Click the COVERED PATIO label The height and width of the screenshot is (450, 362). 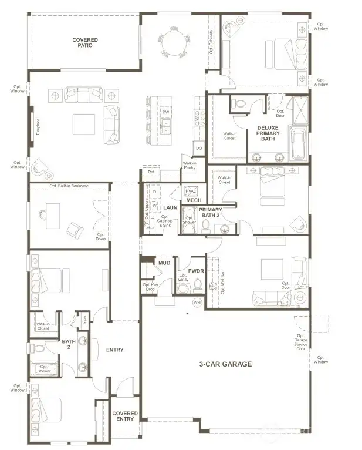point(85,43)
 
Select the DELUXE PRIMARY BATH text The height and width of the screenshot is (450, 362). point(268,133)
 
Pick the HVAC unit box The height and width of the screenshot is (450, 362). point(191,192)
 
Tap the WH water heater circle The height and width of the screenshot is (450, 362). point(197,302)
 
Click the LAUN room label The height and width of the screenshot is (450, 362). point(170,207)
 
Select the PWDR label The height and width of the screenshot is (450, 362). point(195,271)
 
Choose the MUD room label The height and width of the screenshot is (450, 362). point(164,264)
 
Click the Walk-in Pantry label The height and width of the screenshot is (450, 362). point(190,166)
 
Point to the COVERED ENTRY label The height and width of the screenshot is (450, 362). point(124,417)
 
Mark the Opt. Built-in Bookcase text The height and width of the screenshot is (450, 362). point(69,186)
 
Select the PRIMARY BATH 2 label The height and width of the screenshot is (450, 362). point(210,212)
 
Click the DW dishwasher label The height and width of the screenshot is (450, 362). point(166,112)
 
